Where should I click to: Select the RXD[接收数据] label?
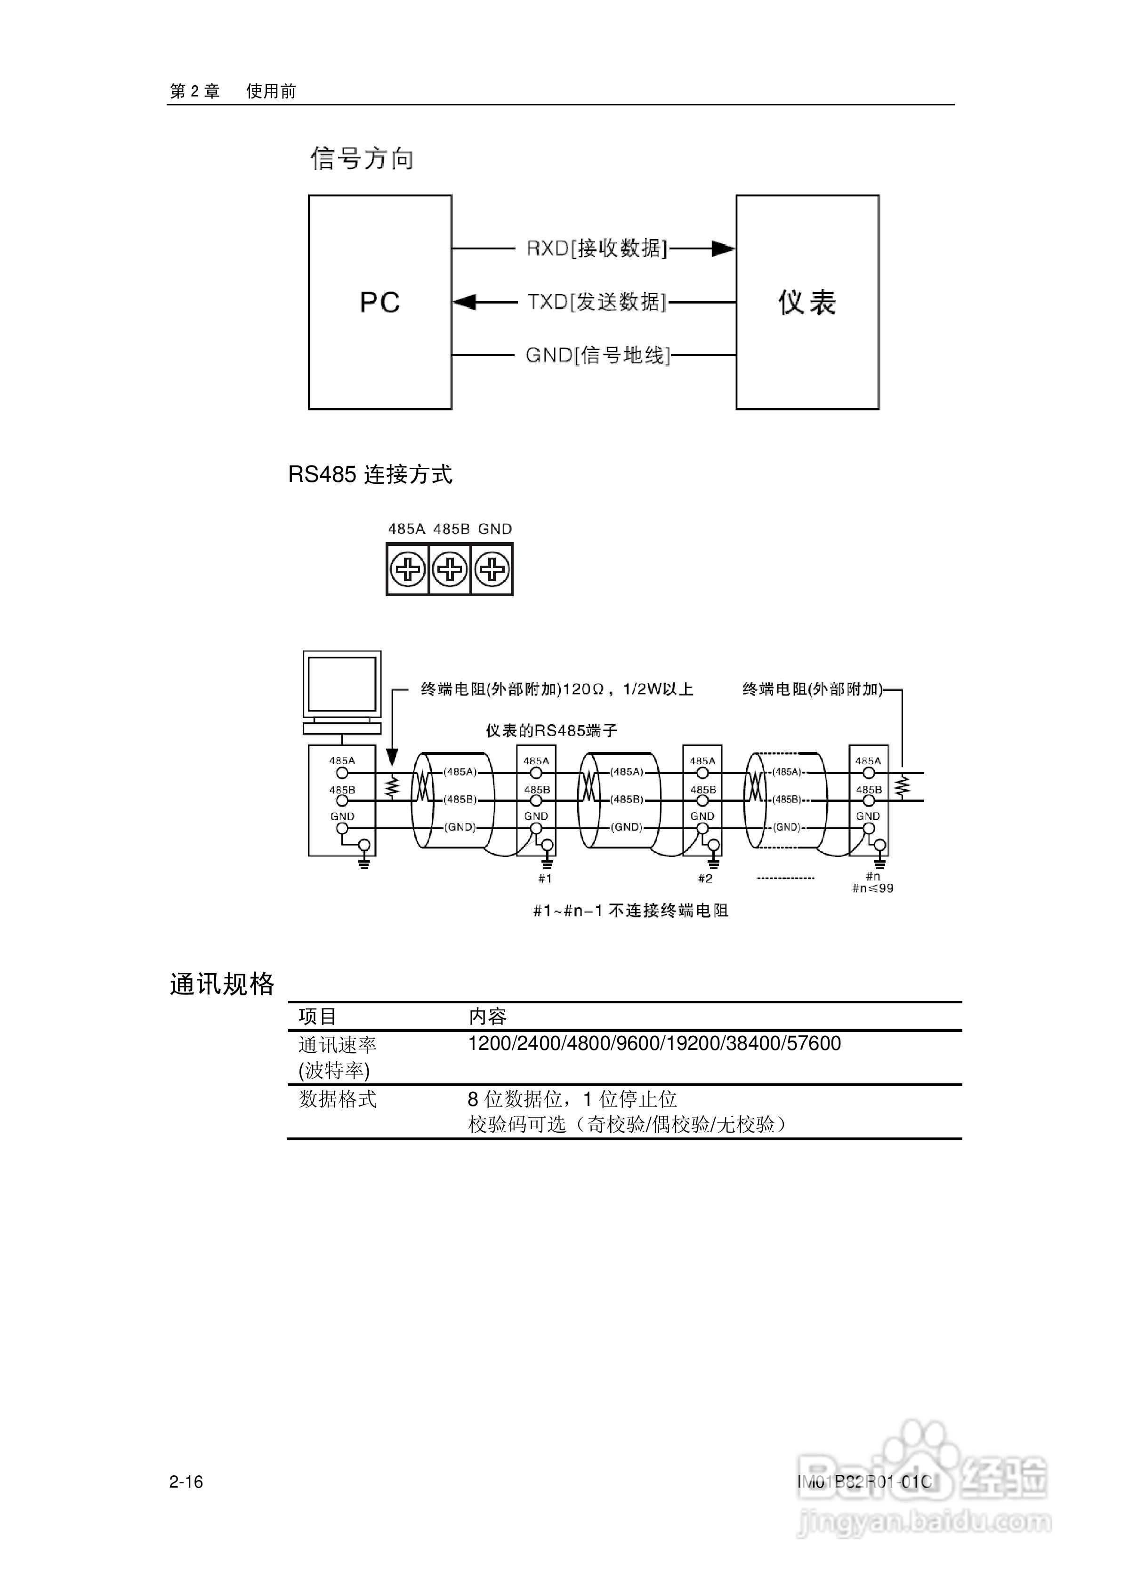(597, 248)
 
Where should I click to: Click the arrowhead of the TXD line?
(464, 303)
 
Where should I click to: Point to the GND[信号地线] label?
(597, 355)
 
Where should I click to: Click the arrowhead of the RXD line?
(723, 248)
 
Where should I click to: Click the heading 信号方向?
(362, 159)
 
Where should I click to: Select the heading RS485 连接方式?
(370, 475)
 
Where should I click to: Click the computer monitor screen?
(342, 684)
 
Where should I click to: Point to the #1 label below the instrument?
(545, 879)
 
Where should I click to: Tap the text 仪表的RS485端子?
(551, 730)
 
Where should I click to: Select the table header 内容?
(488, 1016)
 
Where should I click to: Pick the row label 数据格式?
(337, 1099)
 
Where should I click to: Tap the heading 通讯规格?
(222, 984)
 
